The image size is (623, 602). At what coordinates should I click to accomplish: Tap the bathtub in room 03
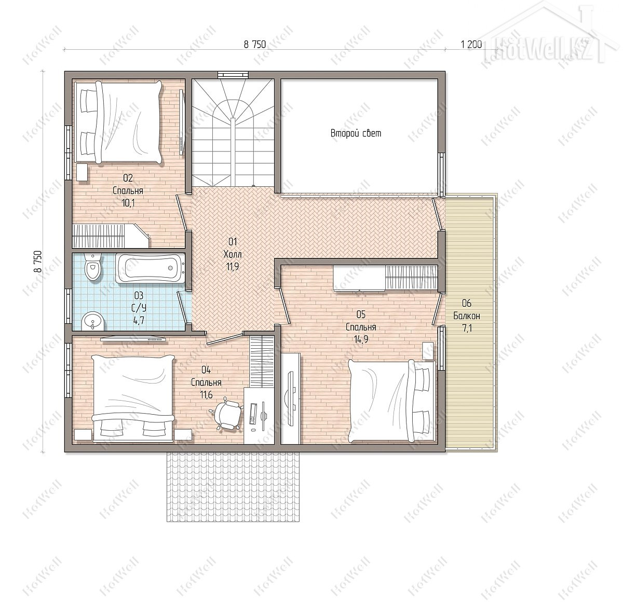150,268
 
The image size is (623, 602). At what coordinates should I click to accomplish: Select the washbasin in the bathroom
93,321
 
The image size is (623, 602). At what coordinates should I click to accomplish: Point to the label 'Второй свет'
356,133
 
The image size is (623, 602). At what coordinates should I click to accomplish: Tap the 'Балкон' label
466,316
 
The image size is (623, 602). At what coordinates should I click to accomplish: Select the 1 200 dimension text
471,44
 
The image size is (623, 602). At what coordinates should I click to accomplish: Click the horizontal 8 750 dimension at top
255,44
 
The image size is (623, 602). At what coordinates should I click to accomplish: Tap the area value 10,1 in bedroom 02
128,202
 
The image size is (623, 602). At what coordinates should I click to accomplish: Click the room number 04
206,370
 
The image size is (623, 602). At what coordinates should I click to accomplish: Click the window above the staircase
233,75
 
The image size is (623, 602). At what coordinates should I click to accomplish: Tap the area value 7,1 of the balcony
467,329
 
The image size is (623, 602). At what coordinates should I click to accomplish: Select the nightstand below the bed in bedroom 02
82,172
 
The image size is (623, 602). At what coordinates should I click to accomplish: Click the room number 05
361,314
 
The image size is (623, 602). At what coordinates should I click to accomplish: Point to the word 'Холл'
233,254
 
